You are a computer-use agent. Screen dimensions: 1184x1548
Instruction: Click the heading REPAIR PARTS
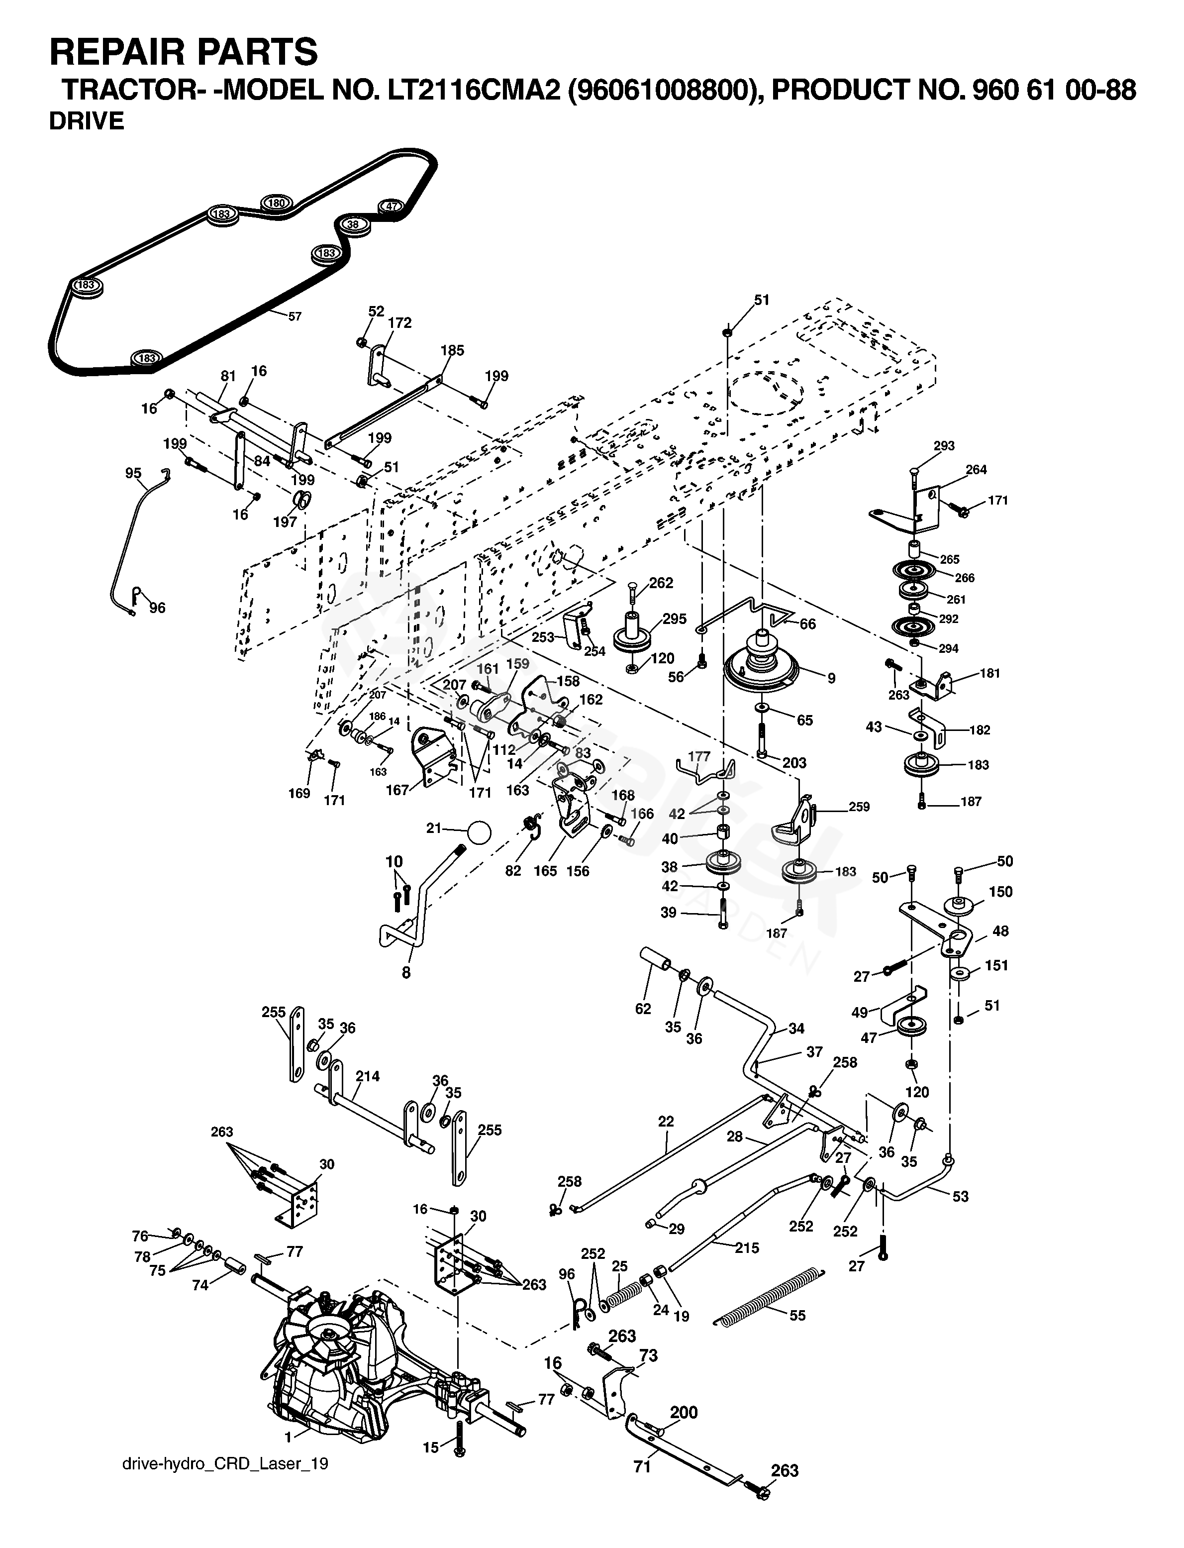pyautogui.click(x=183, y=51)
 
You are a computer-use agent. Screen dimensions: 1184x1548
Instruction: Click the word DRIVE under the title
pyautogui.click(x=86, y=121)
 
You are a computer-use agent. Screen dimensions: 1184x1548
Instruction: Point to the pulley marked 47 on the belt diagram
pyautogui.click(x=391, y=206)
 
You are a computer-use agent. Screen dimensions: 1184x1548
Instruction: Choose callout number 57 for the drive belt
pyautogui.click(x=295, y=316)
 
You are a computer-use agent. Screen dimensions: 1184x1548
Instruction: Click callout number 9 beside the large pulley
pyautogui.click(x=832, y=678)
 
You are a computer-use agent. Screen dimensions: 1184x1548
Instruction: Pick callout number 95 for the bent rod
pyautogui.click(x=133, y=474)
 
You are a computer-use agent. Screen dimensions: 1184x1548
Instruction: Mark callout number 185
pyautogui.click(x=453, y=350)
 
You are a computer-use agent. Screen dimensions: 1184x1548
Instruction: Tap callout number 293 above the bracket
pyautogui.click(x=944, y=445)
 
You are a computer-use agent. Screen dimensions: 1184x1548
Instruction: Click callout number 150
pyautogui.click(x=1001, y=892)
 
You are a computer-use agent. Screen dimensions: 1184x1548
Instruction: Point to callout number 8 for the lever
pyautogui.click(x=406, y=973)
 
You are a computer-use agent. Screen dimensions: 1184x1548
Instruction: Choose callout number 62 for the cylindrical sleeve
pyautogui.click(x=643, y=1009)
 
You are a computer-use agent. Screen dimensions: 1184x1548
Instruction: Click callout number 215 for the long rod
pyautogui.click(x=747, y=1248)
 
